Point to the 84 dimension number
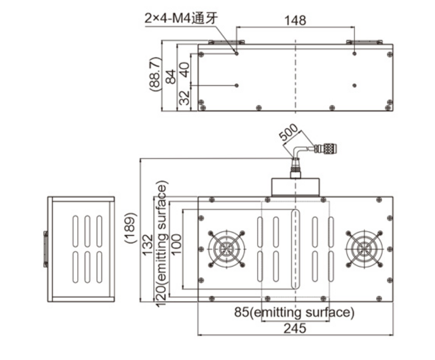[171, 76]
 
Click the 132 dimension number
[147, 245]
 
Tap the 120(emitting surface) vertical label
[161, 244]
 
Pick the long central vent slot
[295, 250]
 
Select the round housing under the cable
[295, 187]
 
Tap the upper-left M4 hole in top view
[236, 52]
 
